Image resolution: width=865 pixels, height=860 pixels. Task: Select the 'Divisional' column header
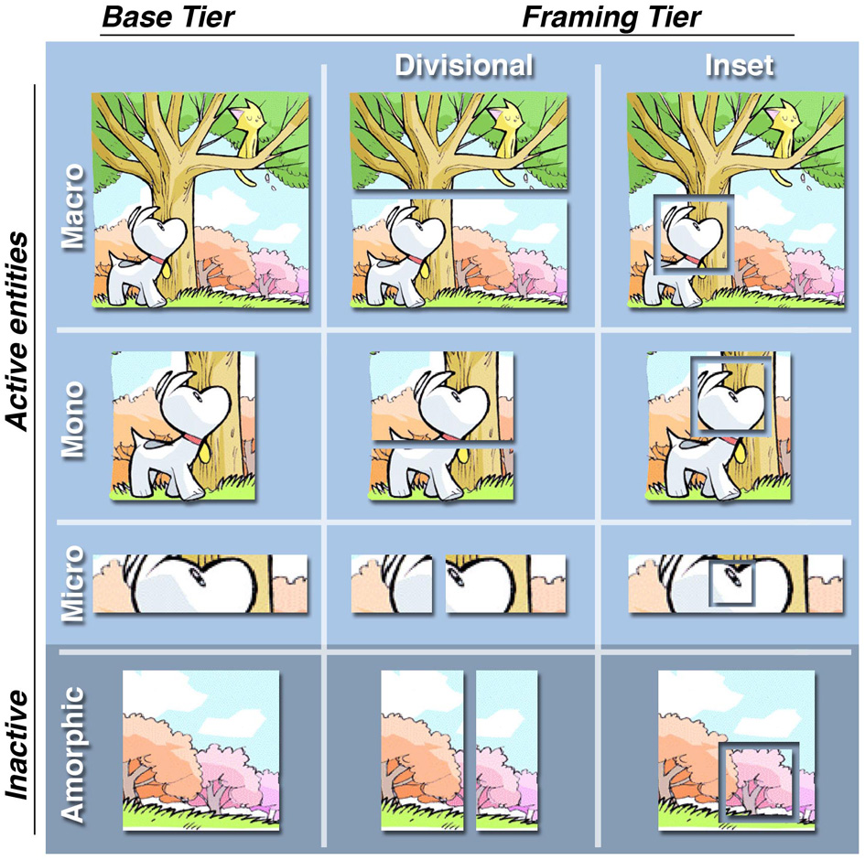(x=463, y=66)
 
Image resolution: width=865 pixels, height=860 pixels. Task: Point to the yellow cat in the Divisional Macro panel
(x=509, y=137)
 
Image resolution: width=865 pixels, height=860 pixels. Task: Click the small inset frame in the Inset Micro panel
(x=731, y=583)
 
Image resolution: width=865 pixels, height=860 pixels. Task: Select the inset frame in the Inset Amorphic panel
(x=758, y=779)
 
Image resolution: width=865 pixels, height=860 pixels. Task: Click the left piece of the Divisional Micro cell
(x=392, y=583)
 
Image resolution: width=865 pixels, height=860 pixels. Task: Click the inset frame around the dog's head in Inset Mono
(x=727, y=394)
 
